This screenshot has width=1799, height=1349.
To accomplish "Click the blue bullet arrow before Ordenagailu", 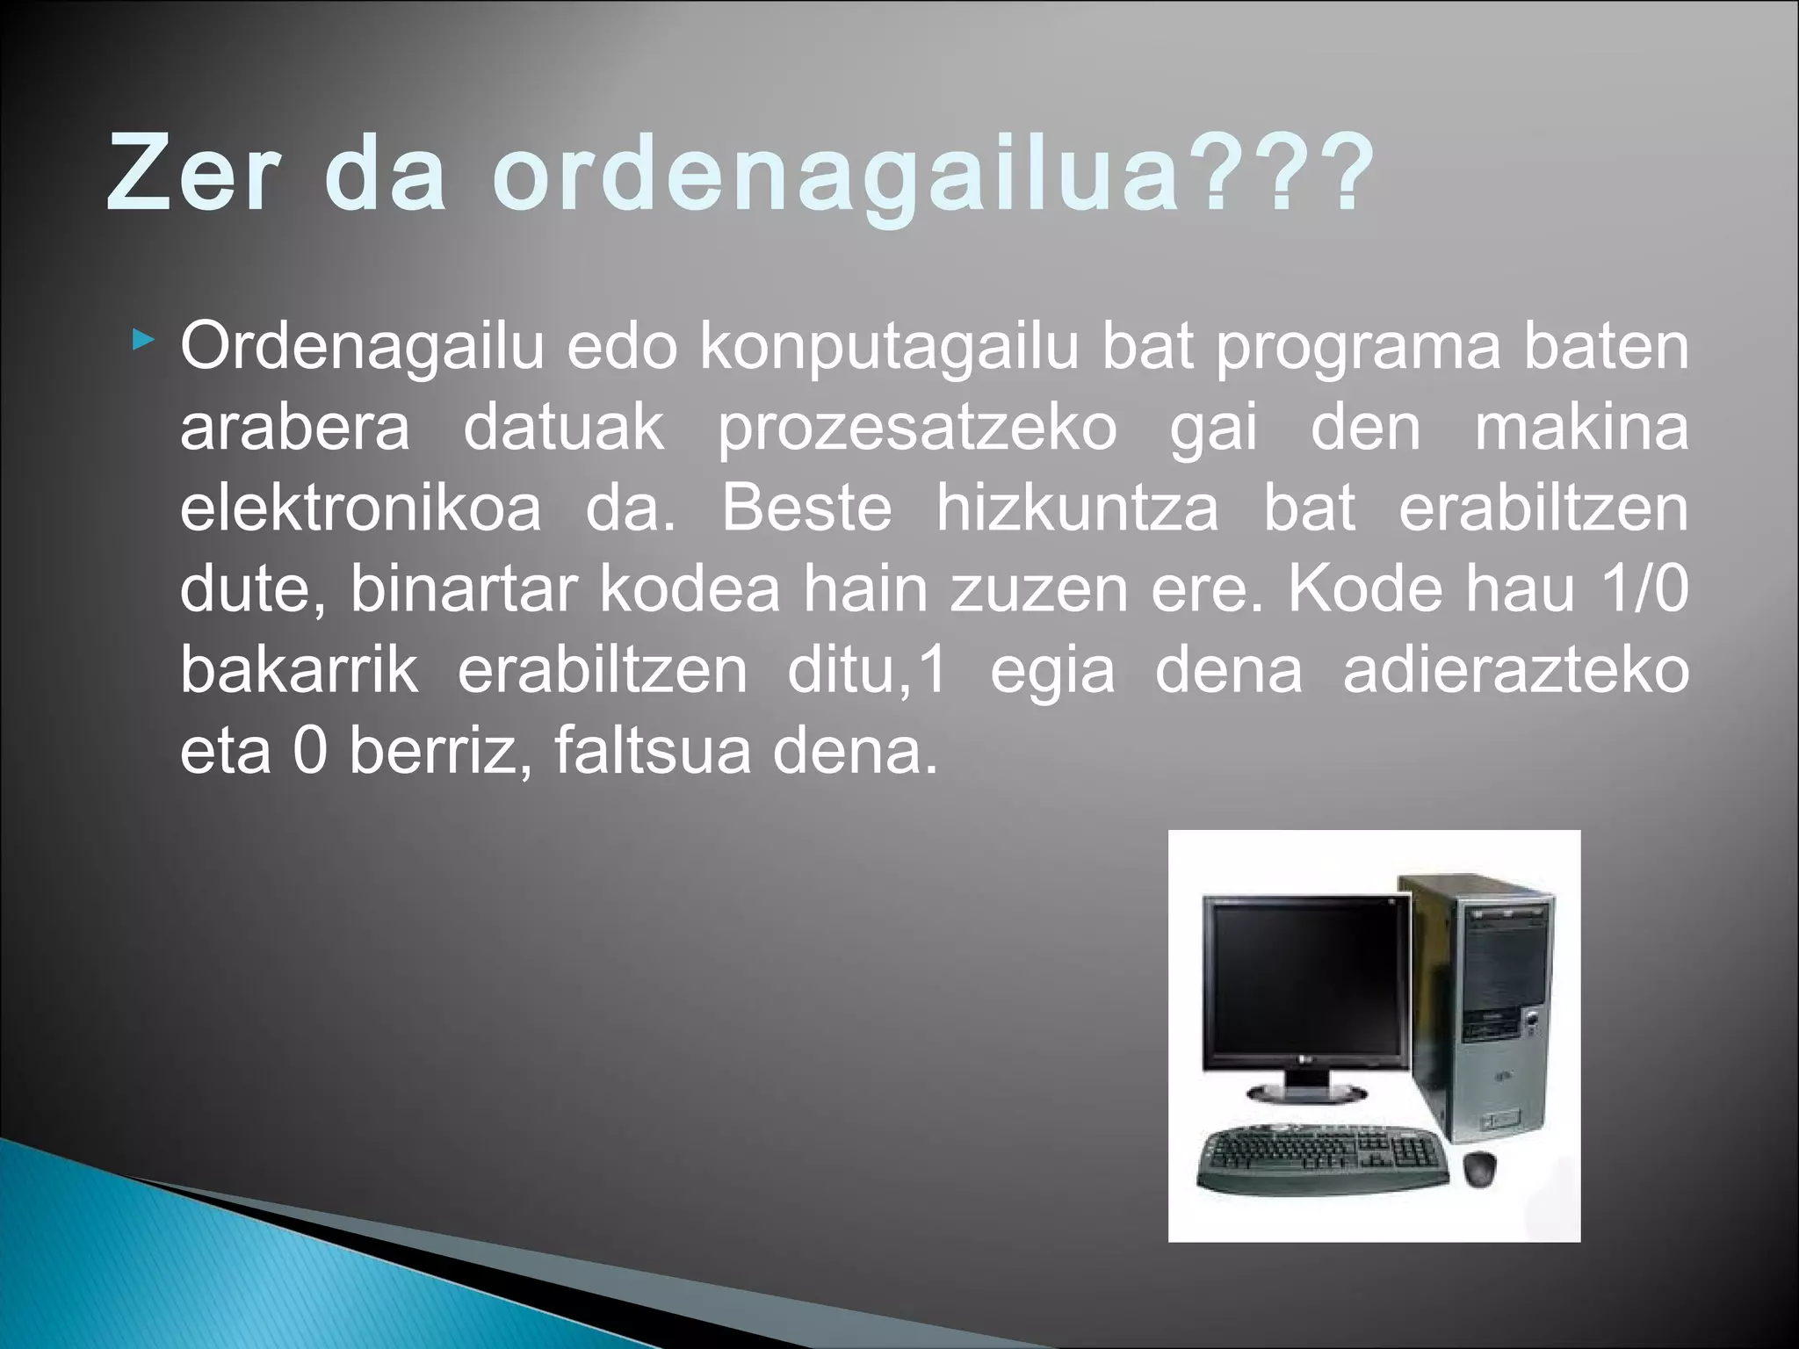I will [x=141, y=338].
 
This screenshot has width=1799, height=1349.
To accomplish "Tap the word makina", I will [x=1580, y=428].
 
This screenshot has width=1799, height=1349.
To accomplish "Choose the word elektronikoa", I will [x=361, y=509].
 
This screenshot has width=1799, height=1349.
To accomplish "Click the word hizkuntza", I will [x=1076, y=509].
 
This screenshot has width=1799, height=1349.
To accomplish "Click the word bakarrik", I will [x=299, y=670].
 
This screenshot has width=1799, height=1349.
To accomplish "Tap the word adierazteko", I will [x=1515, y=670].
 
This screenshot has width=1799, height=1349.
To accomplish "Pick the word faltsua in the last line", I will [x=652, y=751].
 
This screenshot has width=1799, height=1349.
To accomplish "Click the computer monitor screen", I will [x=1304, y=979].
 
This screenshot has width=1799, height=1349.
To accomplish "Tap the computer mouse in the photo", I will [x=1481, y=1167].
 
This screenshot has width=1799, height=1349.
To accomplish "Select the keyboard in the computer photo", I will [x=1323, y=1159].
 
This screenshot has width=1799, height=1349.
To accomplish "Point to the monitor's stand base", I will [x=1307, y=1092].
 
